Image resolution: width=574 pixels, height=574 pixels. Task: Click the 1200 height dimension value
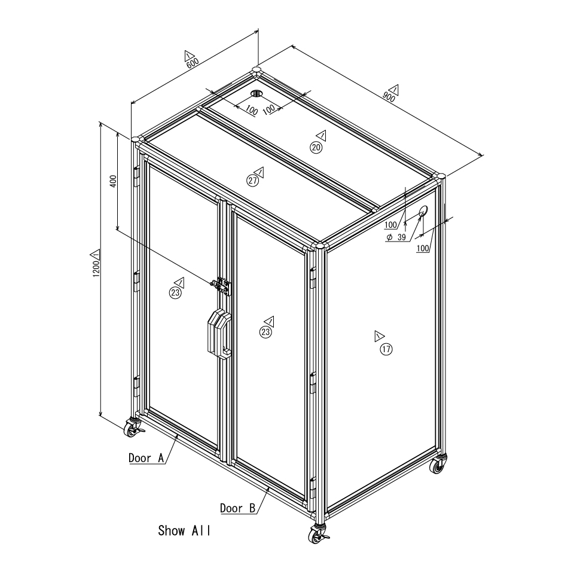click(96, 268)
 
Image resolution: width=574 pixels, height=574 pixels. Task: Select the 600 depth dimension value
click(193, 63)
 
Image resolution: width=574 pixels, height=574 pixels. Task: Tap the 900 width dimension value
click(389, 96)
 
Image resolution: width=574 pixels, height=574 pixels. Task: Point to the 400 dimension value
click(113, 181)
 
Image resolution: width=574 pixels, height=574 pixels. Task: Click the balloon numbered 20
click(316, 147)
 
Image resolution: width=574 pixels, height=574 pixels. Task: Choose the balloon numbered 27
click(252, 181)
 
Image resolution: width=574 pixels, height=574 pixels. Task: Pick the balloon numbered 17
click(386, 349)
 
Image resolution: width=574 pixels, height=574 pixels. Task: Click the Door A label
click(146, 458)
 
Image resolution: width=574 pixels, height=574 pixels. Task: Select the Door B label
click(237, 508)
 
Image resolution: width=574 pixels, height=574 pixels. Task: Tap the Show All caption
click(184, 530)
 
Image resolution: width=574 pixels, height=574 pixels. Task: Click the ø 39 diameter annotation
click(396, 237)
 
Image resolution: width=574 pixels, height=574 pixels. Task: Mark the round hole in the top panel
click(257, 93)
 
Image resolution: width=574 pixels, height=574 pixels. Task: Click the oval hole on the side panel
click(423, 211)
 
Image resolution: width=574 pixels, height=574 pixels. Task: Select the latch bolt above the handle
click(221, 286)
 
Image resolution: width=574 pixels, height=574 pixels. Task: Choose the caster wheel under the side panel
click(438, 464)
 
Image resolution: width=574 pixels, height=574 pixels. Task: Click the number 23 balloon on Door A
click(175, 292)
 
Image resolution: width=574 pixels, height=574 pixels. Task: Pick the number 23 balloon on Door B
click(265, 332)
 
